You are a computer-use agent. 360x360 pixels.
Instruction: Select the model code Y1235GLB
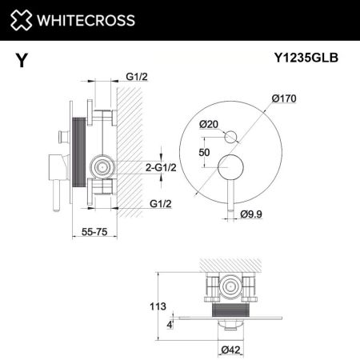(305, 58)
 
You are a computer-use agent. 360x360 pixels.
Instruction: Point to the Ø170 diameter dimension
(285, 99)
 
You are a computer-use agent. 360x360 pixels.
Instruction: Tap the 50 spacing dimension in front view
(206, 152)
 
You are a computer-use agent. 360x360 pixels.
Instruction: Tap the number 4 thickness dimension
(170, 324)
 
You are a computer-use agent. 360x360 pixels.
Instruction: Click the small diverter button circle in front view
(231, 136)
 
